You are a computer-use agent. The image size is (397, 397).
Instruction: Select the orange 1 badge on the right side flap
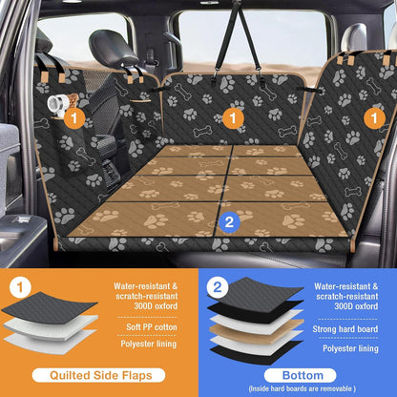coord(376,117)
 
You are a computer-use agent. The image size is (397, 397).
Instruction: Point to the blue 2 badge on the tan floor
coord(227,221)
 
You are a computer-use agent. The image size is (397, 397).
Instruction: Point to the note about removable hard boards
coord(298,387)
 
